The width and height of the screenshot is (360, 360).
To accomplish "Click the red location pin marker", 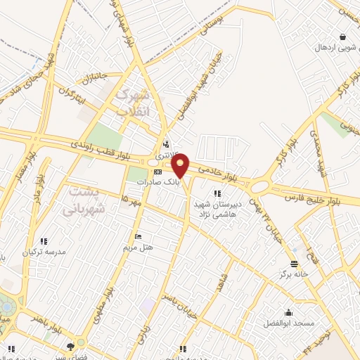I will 181,165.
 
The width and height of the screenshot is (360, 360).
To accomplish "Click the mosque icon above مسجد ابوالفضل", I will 288,313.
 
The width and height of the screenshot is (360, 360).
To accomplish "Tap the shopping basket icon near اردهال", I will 342,37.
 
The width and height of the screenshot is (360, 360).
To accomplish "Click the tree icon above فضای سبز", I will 70,346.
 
